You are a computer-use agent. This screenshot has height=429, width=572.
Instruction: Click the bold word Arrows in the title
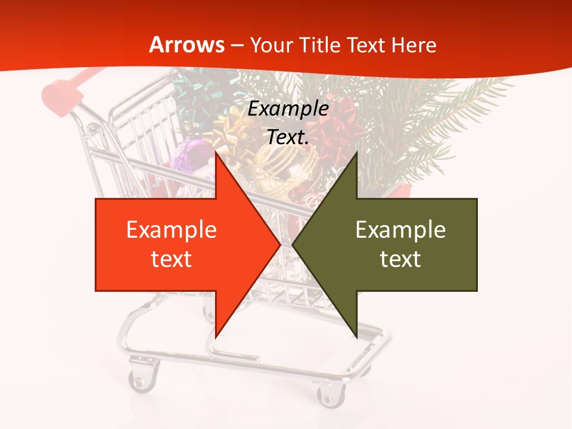187,45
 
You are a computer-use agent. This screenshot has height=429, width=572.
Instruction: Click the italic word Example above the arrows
288,109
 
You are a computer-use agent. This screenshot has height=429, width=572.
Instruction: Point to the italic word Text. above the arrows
288,138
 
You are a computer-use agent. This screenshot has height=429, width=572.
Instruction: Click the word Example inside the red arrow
171,229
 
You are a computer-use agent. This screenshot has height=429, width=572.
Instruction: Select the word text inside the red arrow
171,259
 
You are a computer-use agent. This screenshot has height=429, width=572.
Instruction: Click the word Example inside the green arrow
400,229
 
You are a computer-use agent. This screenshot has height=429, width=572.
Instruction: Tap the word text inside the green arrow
400,259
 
